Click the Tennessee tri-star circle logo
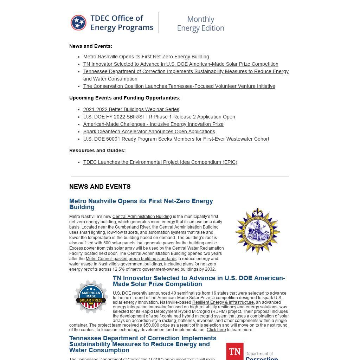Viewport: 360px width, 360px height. coord(78,23)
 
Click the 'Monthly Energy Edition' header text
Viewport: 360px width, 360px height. coord(200,24)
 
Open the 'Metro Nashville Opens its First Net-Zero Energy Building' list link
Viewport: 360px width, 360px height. coord(146,57)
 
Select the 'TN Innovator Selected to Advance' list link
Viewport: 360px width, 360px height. coord(181,64)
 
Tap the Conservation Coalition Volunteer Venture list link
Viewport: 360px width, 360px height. coord(179,86)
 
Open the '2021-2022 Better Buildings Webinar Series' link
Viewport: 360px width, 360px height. coord(131,109)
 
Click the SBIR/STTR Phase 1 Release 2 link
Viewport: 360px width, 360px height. coord(159,117)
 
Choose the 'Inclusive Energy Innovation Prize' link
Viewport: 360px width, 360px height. coord(153,124)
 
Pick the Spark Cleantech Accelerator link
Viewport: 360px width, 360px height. coord(149,131)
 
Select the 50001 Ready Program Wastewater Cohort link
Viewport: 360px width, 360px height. coord(176,139)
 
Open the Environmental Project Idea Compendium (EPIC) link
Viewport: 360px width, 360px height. coord(160,162)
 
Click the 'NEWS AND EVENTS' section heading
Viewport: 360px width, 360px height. coord(100,187)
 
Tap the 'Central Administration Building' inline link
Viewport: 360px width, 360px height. coord(142,217)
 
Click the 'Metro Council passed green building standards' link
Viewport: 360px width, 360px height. coord(131,259)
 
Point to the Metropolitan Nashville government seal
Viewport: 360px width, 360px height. coord(257,231)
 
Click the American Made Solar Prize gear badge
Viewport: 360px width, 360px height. coord(91,296)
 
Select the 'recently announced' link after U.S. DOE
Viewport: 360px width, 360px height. coord(151,293)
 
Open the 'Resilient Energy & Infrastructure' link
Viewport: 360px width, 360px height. coord(223,302)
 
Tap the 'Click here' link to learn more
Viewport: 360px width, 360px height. coord(216,330)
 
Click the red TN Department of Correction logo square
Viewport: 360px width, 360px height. coord(235,352)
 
